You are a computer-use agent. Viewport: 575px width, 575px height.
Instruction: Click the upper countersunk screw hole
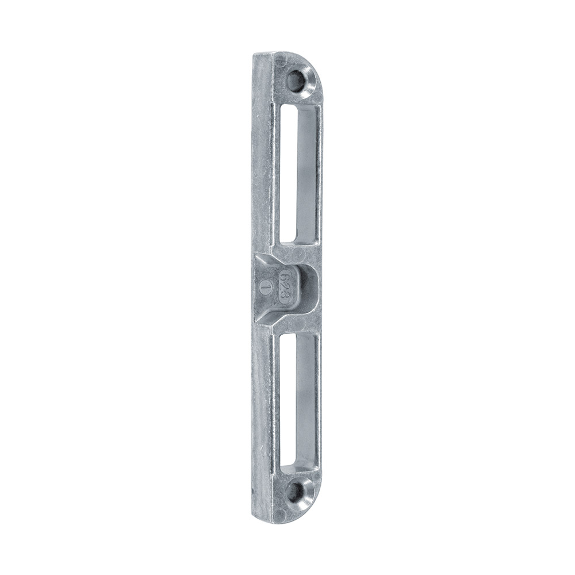point(297,80)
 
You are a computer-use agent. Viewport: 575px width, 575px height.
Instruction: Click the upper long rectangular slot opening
point(297,174)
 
